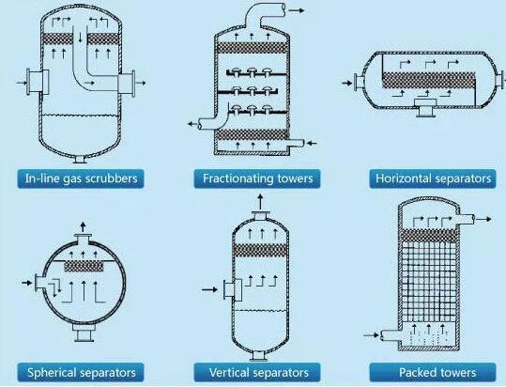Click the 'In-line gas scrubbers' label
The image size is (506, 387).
point(82,178)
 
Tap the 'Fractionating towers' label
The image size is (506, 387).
point(258,178)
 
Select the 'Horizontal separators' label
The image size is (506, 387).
point(433,178)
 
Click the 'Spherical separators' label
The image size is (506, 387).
point(82,373)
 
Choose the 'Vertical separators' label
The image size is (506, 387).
point(259,373)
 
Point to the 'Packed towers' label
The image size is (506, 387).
point(437,373)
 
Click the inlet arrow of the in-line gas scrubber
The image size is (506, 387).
point(22,83)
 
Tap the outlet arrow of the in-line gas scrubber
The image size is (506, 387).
point(141,83)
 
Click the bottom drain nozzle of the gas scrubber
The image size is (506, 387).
point(79,160)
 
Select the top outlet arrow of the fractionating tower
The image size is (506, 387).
point(297,10)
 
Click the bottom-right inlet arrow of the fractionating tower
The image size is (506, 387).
point(311,143)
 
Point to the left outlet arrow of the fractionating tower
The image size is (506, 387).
point(193,124)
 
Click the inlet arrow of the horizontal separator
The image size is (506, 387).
point(347,83)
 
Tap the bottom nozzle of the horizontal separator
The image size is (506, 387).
point(425,108)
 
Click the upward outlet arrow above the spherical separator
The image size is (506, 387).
point(84,226)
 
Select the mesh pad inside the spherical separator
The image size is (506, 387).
point(84,266)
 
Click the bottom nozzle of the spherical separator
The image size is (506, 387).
point(84,333)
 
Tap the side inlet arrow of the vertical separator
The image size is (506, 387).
point(209,289)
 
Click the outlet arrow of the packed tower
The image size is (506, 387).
point(483,219)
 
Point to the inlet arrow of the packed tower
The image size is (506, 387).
point(371,335)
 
